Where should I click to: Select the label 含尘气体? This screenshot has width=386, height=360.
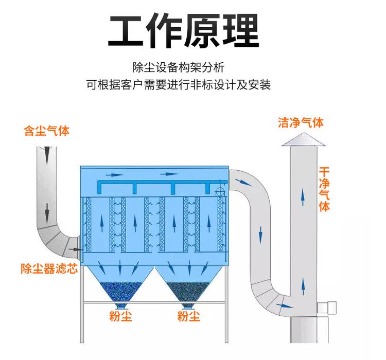coord(47,131)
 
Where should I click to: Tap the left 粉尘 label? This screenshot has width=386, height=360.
coord(121,316)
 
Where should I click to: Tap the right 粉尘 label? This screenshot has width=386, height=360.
coord(189,316)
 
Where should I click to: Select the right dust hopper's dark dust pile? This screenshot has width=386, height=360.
coord(188,291)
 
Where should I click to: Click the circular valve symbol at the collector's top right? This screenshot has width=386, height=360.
coord(218,191)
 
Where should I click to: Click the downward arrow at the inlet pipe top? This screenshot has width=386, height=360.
coord(47,152)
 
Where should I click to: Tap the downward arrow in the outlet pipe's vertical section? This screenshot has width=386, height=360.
coord(261,234)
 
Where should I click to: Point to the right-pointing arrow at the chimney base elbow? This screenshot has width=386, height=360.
coord(282,305)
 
